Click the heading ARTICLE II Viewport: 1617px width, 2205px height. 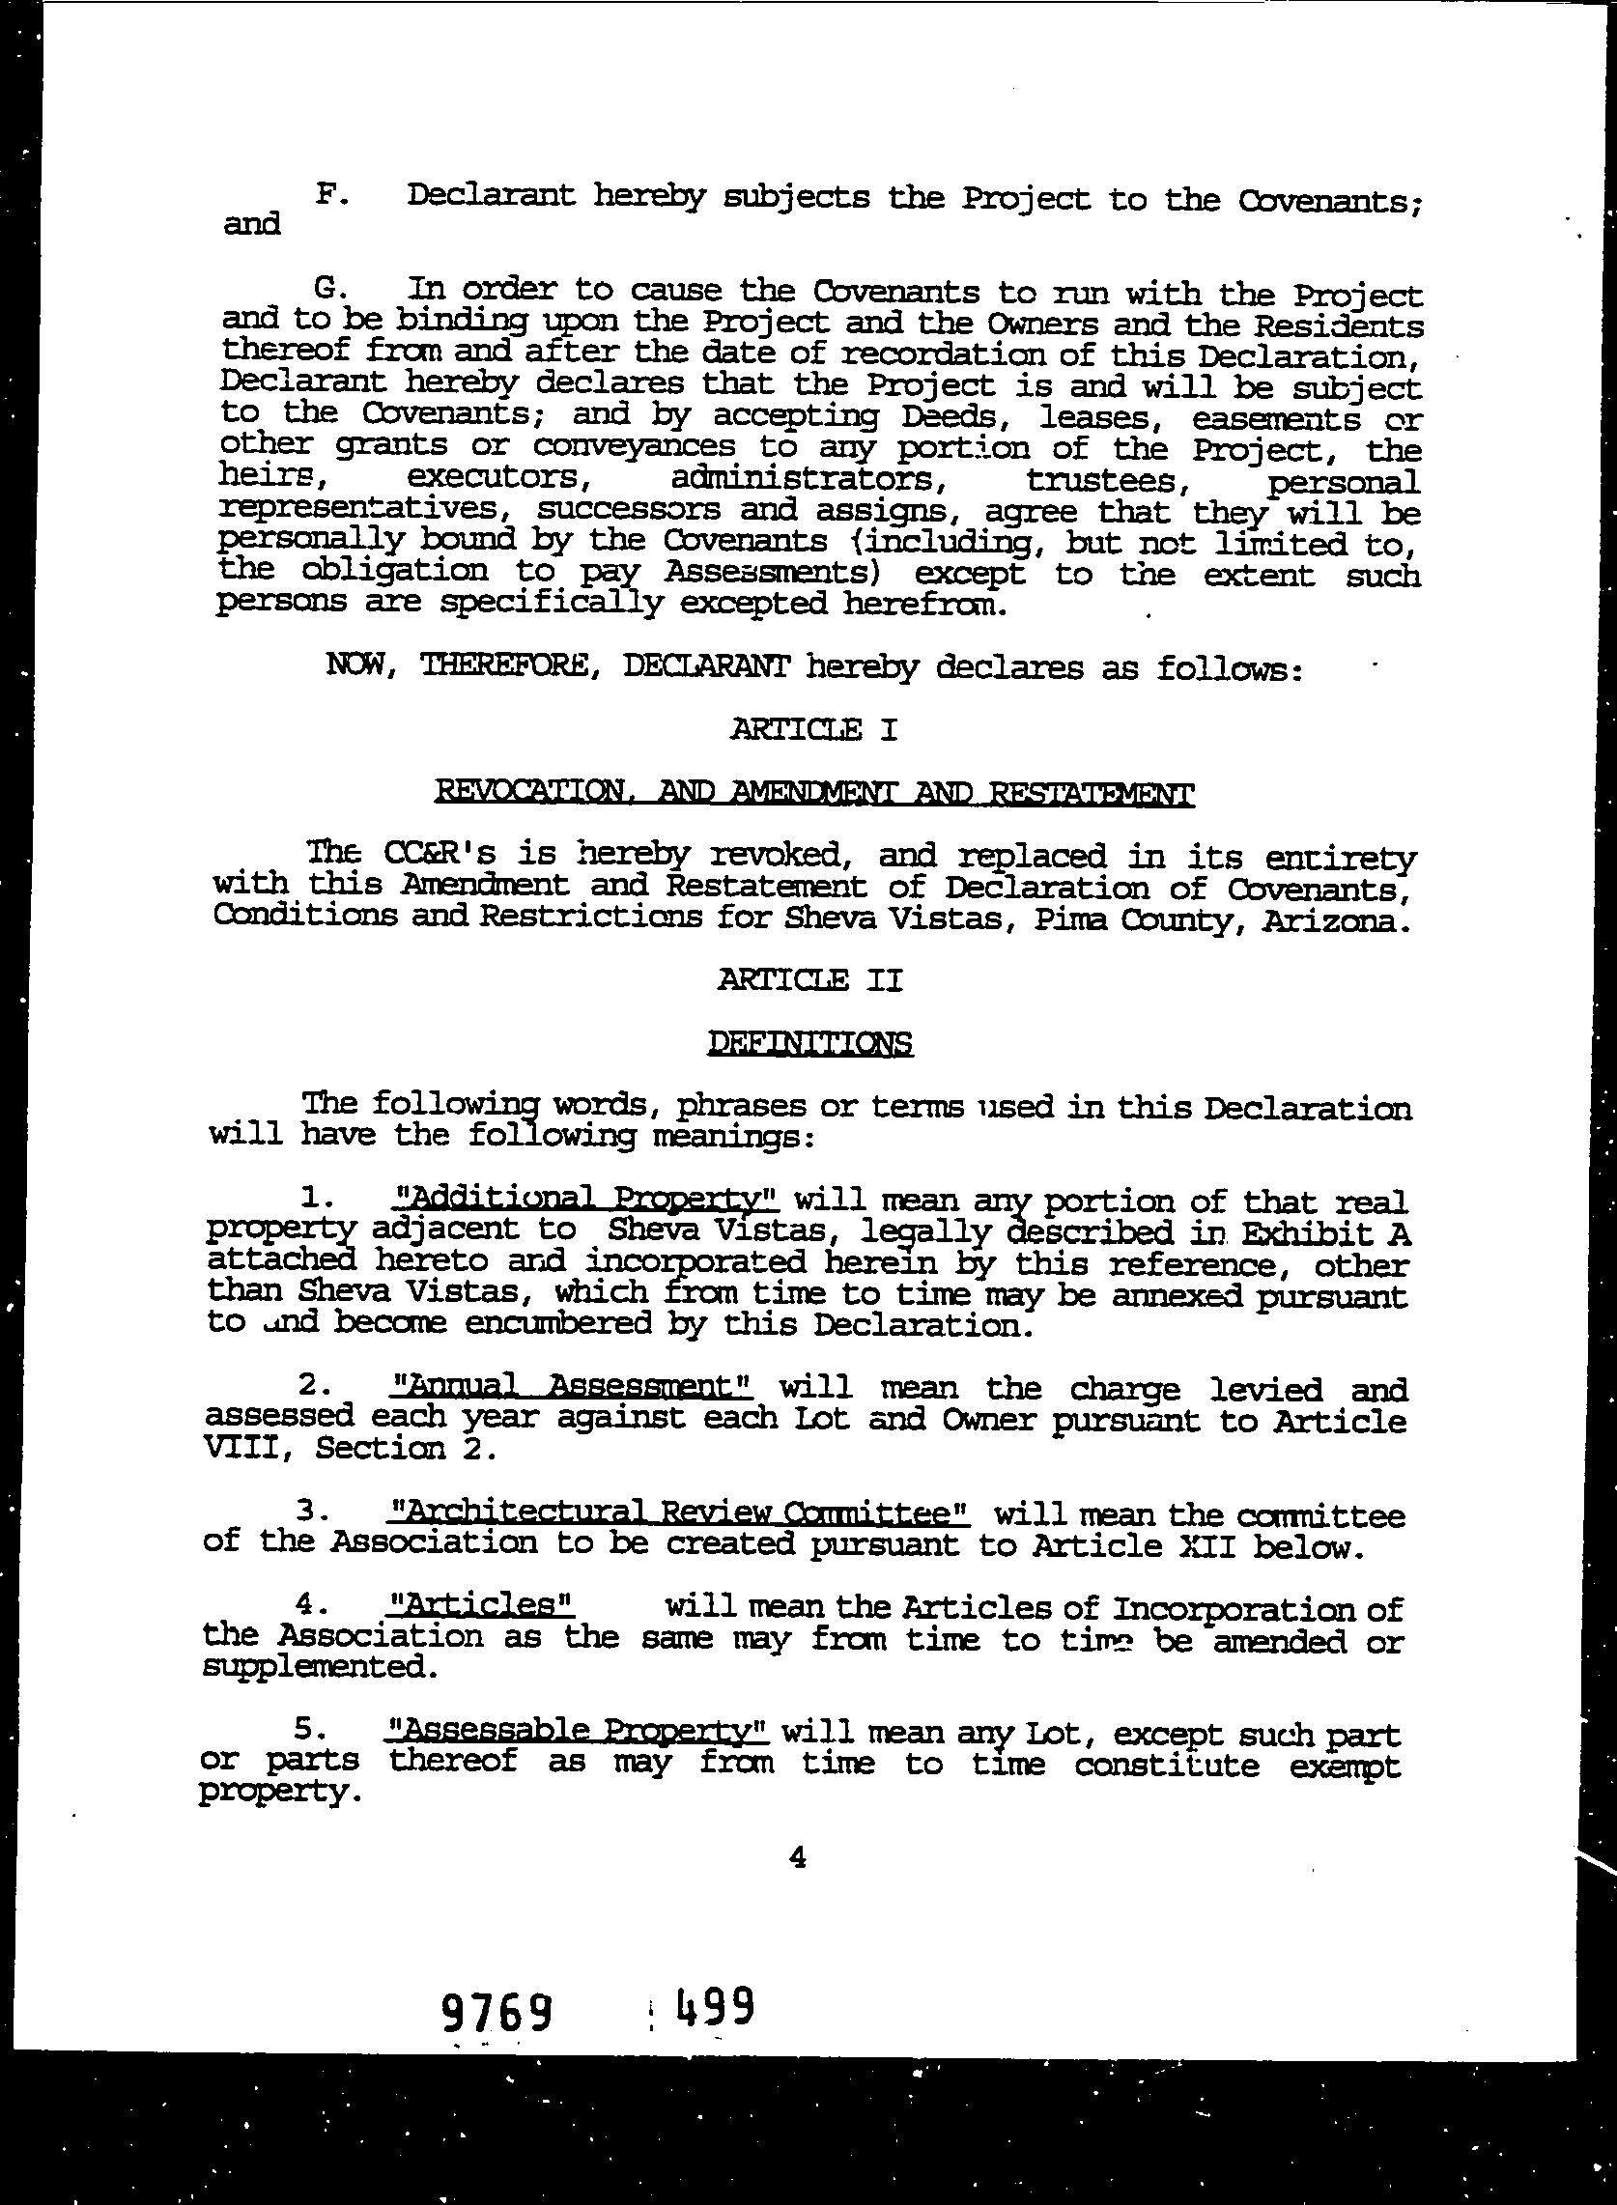[808, 979]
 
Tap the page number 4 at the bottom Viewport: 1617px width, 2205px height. [796, 1856]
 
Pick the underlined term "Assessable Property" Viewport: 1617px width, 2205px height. [578, 1732]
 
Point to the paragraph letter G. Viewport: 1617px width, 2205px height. [326, 289]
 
